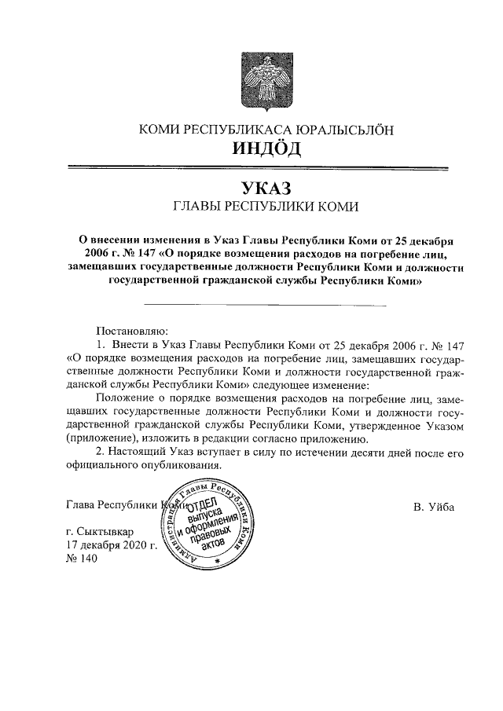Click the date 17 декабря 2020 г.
113,544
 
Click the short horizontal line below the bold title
265,304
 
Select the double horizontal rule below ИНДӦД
259,167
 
